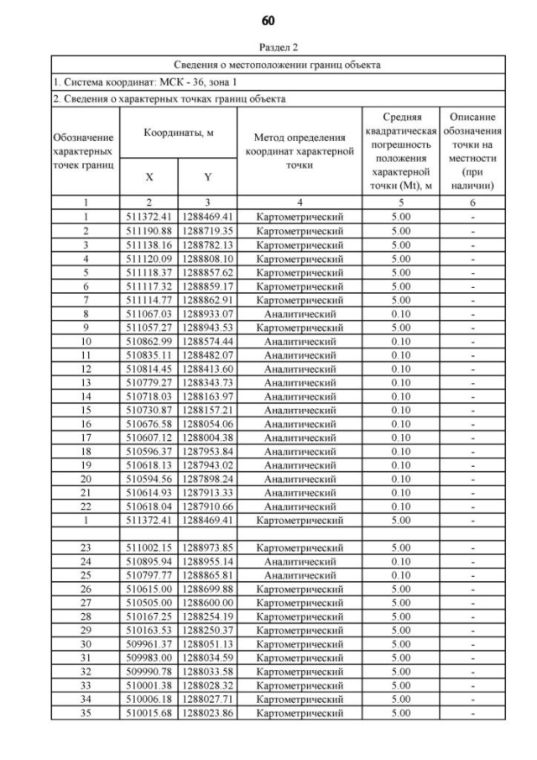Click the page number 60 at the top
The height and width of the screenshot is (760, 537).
[x=268, y=19]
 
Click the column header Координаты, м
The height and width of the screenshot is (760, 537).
[x=177, y=133]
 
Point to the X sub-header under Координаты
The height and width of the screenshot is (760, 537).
[x=149, y=176]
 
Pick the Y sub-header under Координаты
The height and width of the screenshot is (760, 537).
[x=206, y=176]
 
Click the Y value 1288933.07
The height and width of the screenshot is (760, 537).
[x=206, y=315]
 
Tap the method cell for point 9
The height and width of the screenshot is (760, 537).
[x=299, y=328]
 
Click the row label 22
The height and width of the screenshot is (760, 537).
[x=85, y=507]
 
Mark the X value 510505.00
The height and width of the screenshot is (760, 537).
[x=149, y=603]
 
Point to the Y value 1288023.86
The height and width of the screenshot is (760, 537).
[x=206, y=713]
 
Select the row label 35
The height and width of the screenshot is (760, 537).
[x=85, y=713]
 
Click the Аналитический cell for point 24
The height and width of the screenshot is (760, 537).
[x=299, y=562]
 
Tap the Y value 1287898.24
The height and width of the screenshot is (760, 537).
[x=206, y=480]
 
